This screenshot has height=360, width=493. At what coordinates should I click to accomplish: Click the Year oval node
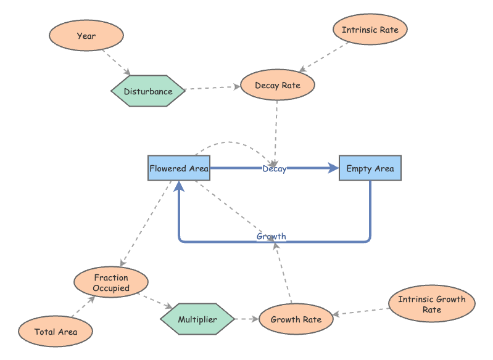86,36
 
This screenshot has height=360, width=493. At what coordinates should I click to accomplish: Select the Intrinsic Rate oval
370,30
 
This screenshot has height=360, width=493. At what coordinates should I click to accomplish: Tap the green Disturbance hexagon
148,91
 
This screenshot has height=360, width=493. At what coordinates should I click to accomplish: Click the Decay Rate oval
278,86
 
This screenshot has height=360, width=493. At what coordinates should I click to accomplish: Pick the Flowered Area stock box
179,168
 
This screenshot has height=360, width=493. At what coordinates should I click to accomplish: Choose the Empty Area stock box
370,168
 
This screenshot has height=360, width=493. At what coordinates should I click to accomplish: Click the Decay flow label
275,168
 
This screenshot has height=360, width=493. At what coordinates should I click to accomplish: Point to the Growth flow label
271,237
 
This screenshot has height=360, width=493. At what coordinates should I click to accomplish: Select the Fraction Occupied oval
111,283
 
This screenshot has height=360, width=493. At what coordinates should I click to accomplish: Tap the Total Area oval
56,332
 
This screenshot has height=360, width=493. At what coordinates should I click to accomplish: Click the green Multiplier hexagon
197,319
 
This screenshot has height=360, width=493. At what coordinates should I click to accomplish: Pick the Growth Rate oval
296,319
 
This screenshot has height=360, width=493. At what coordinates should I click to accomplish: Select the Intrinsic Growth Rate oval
432,305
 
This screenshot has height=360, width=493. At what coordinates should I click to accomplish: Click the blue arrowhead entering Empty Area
334,168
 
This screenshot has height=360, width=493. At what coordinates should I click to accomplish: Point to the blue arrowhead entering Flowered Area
179,186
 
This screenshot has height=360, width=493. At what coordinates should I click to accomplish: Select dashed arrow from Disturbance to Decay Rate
213,88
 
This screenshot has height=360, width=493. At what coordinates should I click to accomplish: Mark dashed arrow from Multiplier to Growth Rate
246,319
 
